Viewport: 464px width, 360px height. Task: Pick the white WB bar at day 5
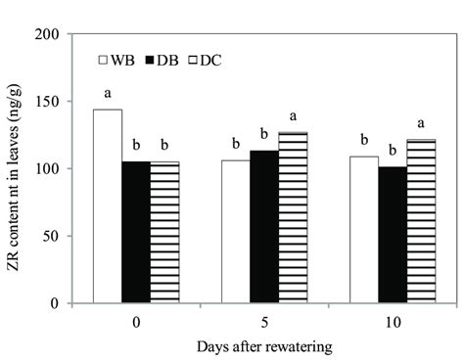pyautogui.click(x=235, y=232)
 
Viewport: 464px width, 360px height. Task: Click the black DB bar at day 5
pyautogui.click(x=263, y=227)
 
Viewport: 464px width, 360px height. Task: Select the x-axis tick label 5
pyautogui.click(x=263, y=318)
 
